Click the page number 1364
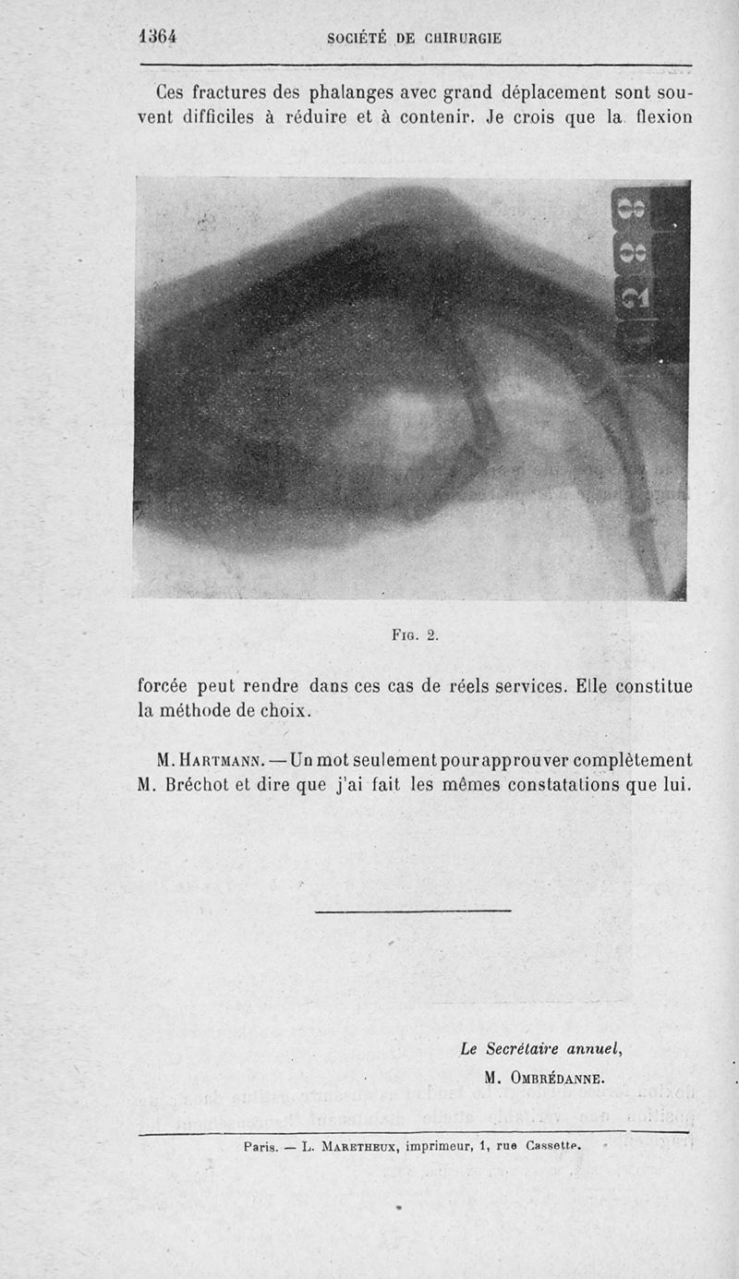click(157, 37)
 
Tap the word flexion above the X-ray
click(658, 118)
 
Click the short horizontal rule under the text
click(412, 911)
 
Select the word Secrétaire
click(528, 1048)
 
